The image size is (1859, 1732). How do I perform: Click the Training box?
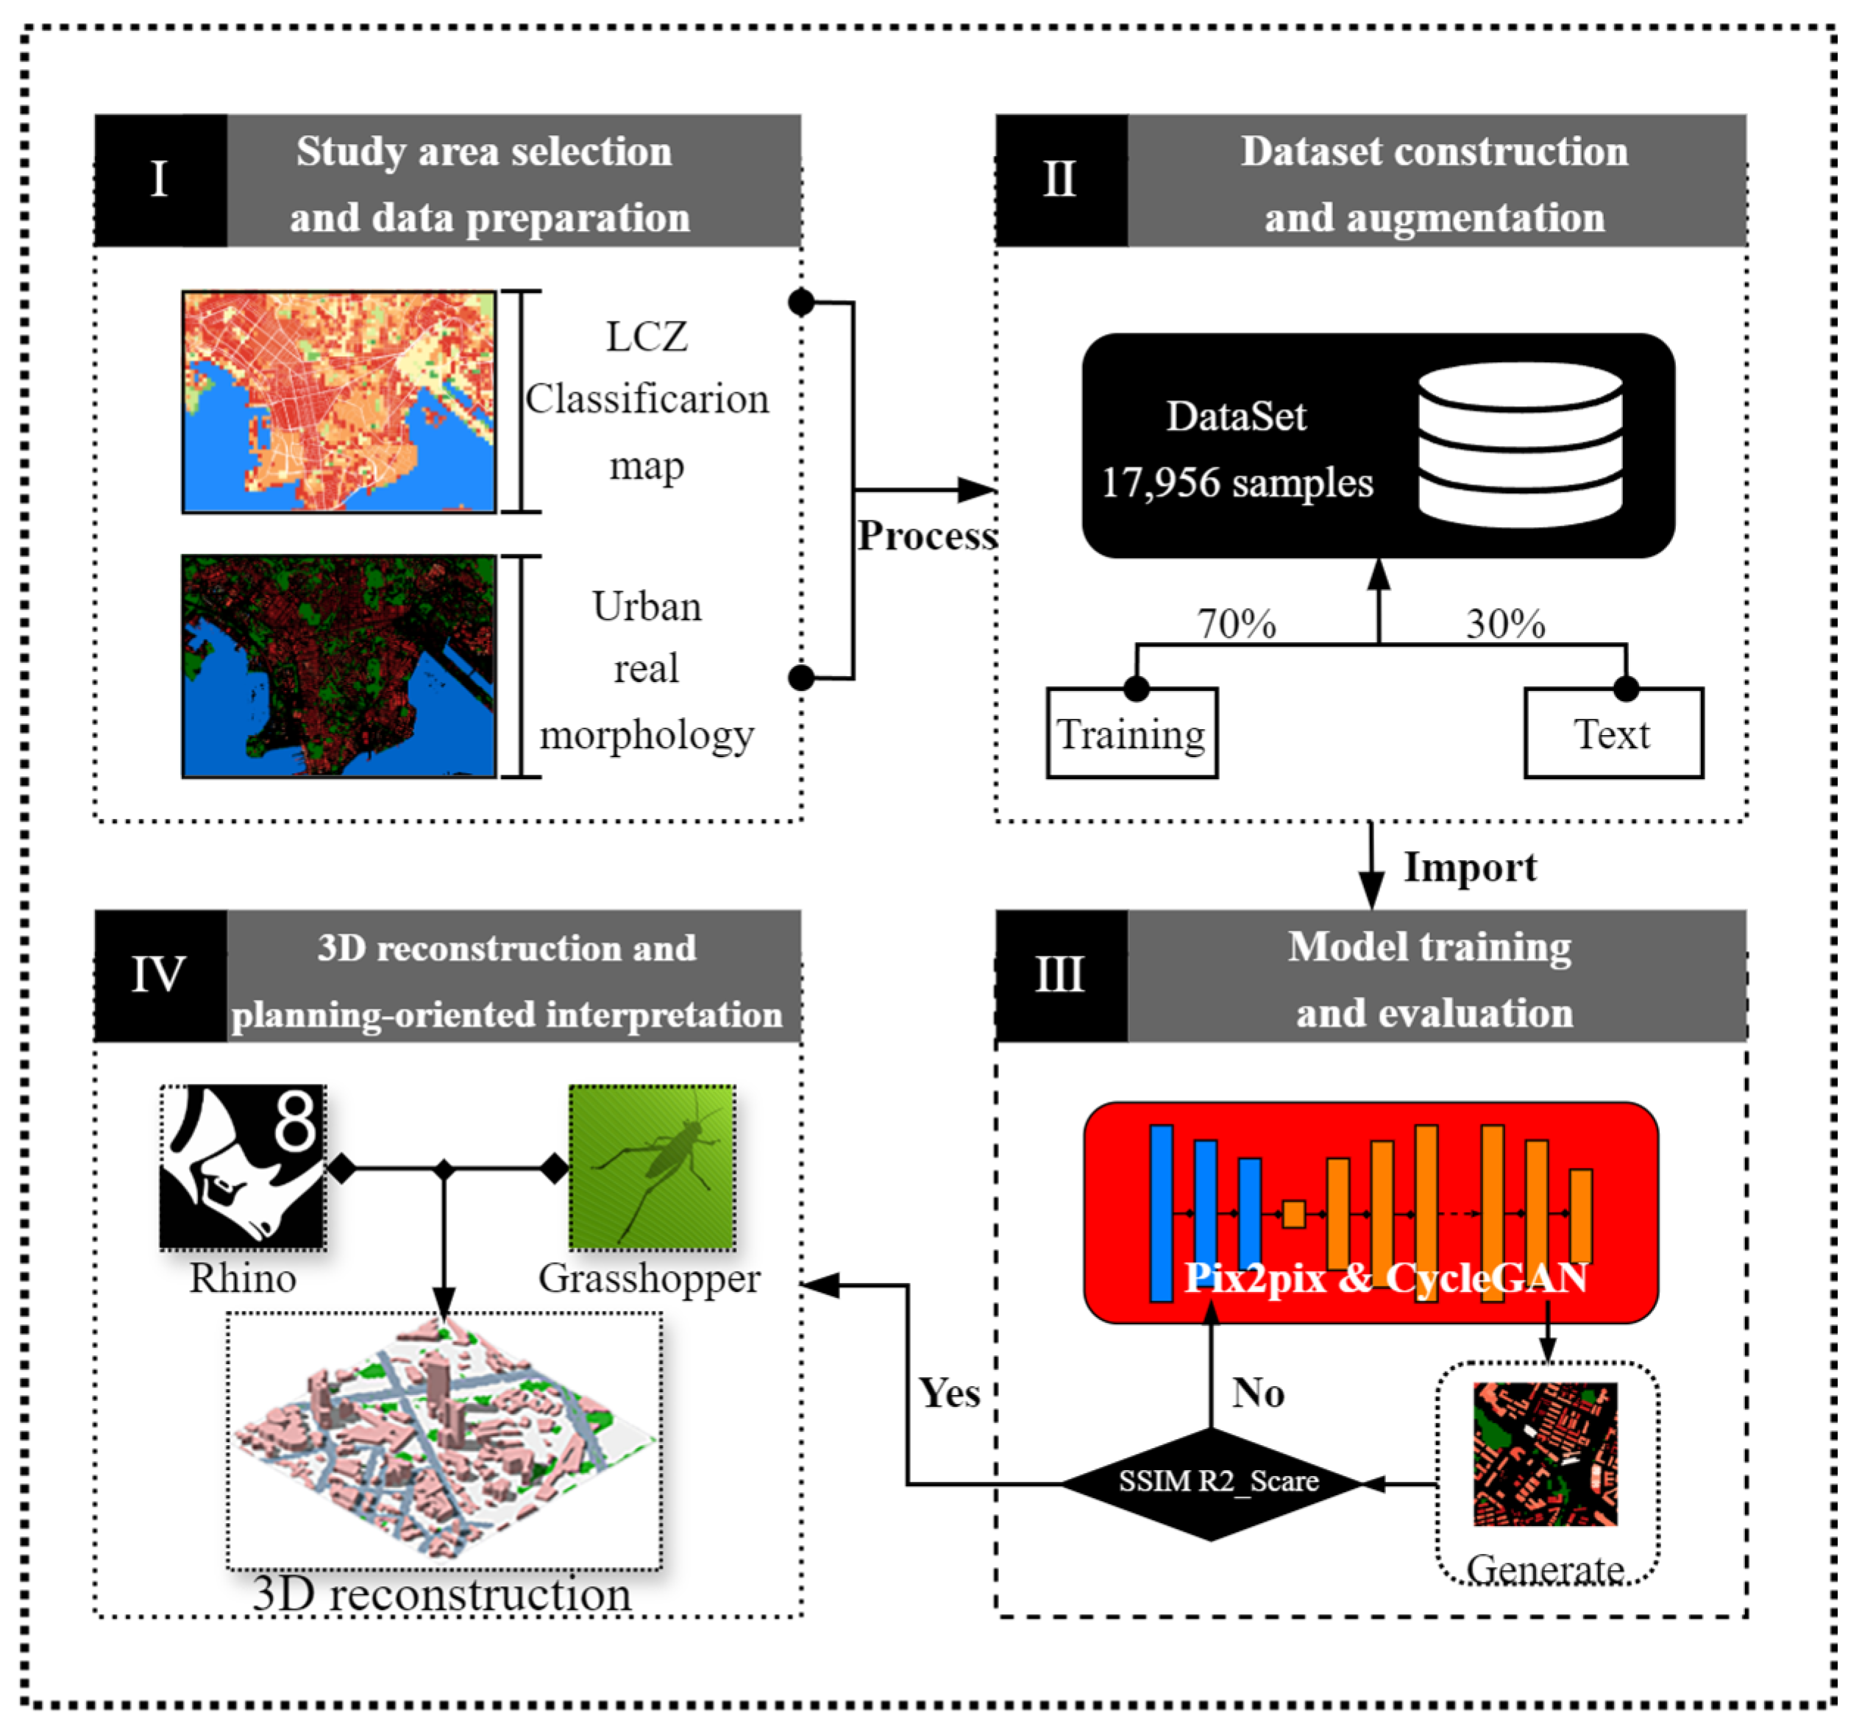click(1131, 734)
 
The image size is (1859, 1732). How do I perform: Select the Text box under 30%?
click(1613, 734)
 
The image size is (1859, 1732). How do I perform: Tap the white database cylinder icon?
click(1520, 444)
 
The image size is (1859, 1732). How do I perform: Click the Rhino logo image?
click(243, 1166)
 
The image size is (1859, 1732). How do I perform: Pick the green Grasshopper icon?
click(652, 1166)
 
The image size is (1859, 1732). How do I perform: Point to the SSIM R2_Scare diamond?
click(1211, 1483)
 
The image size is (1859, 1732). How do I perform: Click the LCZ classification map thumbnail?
click(338, 402)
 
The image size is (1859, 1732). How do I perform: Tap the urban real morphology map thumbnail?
click(338, 666)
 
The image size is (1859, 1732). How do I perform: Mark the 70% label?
click(1236, 624)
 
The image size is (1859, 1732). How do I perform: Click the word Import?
click(1470, 867)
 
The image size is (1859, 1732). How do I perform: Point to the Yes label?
click(949, 1393)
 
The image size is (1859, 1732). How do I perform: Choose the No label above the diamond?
click(1258, 1393)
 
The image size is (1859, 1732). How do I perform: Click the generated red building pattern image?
click(1545, 1454)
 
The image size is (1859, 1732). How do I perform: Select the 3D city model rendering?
click(444, 1440)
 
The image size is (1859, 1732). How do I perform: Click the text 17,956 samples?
click(1236, 483)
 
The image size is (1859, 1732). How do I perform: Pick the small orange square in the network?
click(1293, 1214)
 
